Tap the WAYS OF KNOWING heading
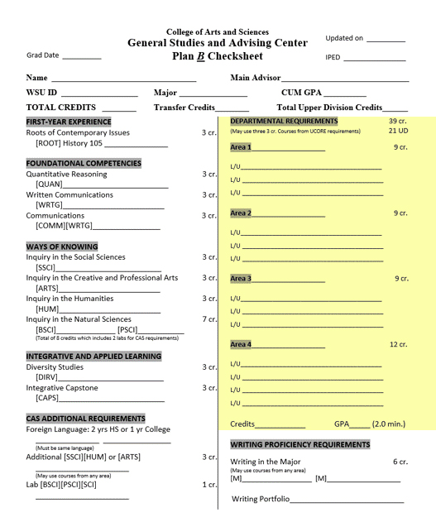pos(62,247)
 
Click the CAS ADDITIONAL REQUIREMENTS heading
pos(85,419)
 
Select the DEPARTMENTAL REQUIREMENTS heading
pos(284,122)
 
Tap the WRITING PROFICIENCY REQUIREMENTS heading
pos(299,444)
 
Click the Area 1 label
pos(240,147)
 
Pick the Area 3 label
pos(240,279)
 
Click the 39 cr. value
pos(398,122)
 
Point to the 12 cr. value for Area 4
pos(399,344)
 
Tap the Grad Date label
pos(43,56)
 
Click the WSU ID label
pos(42,93)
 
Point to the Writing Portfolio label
pos(261,499)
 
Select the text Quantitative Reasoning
pos(66,175)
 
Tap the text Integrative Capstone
pos(62,388)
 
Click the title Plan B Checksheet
pos(218,56)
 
